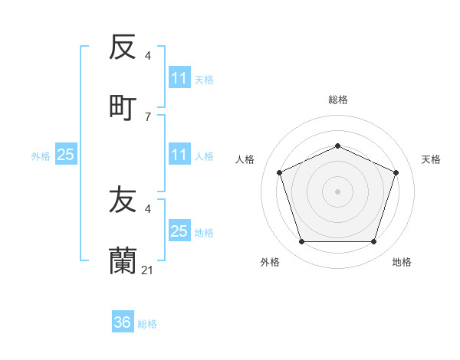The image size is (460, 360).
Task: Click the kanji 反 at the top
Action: click(x=123, y=47)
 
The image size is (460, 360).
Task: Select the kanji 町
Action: click(x=123, y=107)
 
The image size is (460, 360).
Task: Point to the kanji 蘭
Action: click(x=123, y=260)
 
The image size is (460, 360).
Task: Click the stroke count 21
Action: click(x=149, y=270)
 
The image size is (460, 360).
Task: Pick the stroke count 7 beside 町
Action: click(x=148, y=116)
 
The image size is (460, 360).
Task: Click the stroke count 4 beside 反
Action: click(x=148, y=56)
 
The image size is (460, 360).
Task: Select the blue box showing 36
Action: click(x=123, y=322)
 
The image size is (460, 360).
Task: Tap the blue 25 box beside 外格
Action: click(x=66, y=155)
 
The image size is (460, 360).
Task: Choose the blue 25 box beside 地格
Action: click(x=179, y=231)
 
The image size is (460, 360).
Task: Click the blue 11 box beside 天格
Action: click(x=179, y=78)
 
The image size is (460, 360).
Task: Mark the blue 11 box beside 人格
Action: click(x=179, y=155)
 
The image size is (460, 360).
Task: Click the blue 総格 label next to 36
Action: click(x=147, y=324)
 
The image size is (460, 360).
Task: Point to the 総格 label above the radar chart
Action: click(x=337, y=100)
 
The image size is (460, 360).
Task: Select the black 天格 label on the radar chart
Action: click(x=431, y=159)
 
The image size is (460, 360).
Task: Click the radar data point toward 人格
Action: click(x=279, y=172)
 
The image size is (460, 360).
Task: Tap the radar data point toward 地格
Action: click(x=373, y=241)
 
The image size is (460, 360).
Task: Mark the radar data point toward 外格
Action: click(x=301, y=241)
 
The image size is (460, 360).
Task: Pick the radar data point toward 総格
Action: click(x=337, y=146)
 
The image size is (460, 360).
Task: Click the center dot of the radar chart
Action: click(x=337, y=191)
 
